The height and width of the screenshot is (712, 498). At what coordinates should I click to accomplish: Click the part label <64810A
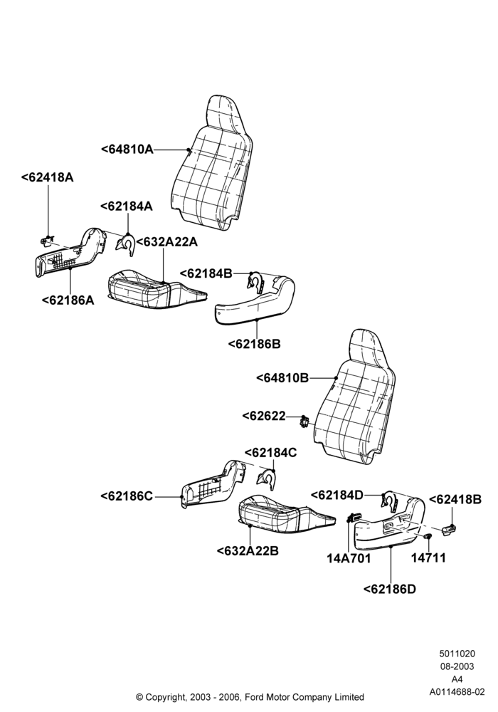point(127,149)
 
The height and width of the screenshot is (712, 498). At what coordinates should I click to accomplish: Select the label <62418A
point(47,177)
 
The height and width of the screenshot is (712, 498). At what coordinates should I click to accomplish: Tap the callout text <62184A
point(127,206)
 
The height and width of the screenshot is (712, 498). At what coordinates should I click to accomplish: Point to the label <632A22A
point(167,242)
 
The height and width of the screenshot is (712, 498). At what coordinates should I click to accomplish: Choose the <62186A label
point(68,300)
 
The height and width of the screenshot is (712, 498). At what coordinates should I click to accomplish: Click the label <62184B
point(206,273)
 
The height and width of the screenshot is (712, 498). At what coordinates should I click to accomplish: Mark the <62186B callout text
point(255,344)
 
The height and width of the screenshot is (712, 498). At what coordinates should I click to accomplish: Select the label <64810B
point(282,378)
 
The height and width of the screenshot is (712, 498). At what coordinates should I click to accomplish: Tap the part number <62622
point(264,416)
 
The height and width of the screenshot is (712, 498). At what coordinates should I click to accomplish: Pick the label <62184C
point(271,453)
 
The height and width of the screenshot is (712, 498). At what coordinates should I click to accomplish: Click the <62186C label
point(127,496)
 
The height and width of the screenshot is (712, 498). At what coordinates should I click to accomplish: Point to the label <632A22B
point(248,551)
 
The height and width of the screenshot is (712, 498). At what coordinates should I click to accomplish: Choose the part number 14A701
point(349,558)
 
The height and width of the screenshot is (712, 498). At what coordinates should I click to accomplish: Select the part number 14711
point(428,557)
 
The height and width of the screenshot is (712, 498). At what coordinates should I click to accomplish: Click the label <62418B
point(455,500)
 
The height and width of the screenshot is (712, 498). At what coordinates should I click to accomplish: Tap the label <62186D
point(390,589)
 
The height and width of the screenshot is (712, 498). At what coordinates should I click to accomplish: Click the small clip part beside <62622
point(304,422)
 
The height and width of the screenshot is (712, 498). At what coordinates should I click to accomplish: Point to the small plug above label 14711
point(428,537)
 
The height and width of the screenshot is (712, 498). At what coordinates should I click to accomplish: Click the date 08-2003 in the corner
point(457,666)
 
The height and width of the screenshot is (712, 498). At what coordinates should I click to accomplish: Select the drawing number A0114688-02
point(457,692)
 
